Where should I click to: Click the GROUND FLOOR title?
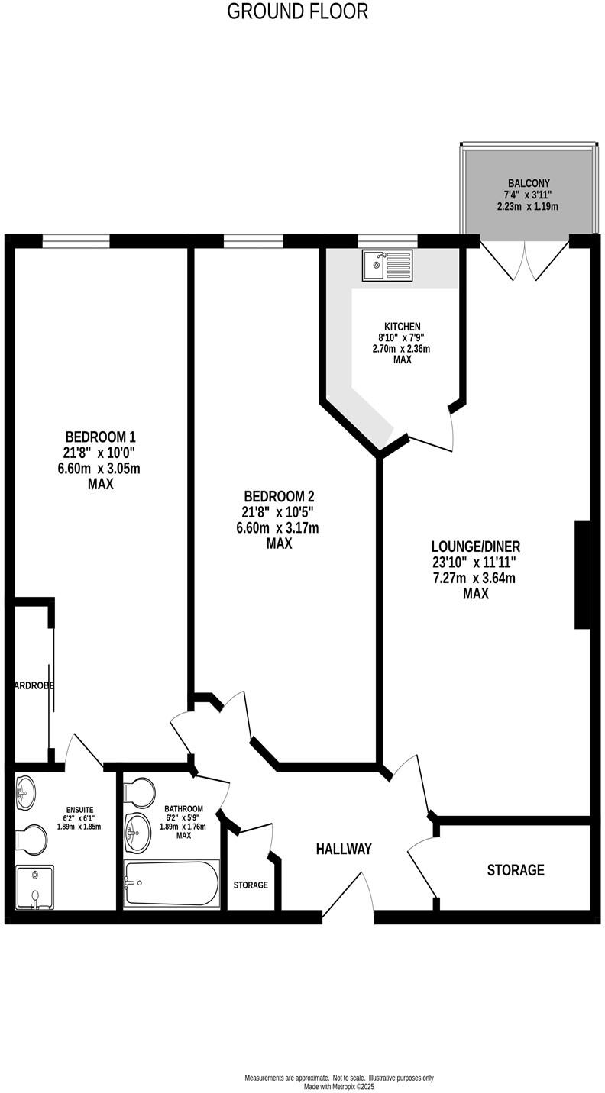[x=298, y=11]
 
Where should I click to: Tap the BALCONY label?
[x=529, y=183]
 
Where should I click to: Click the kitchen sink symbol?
[x=387, y=265]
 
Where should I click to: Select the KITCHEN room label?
[x=402, y=327]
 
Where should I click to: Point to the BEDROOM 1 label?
[x=100, y=437]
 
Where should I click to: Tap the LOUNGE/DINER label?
[x=475, y=546]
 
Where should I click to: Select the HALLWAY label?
[x=344, y=849]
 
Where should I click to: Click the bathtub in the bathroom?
[x=172, y=884]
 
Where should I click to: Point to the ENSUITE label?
[x=79, y=809]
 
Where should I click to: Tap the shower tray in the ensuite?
[x=35, y=888]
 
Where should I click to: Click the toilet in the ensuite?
[x=31, y=840]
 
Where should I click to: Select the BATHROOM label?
[x=183, y=809]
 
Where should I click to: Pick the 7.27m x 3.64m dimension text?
[x=474, y=578]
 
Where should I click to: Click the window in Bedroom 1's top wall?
[x=76, y=240]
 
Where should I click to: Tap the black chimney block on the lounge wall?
[x=582, y=575]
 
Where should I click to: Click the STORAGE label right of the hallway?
[x=516, y=870]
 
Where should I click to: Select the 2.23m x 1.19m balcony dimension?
[x=528, y=207]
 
